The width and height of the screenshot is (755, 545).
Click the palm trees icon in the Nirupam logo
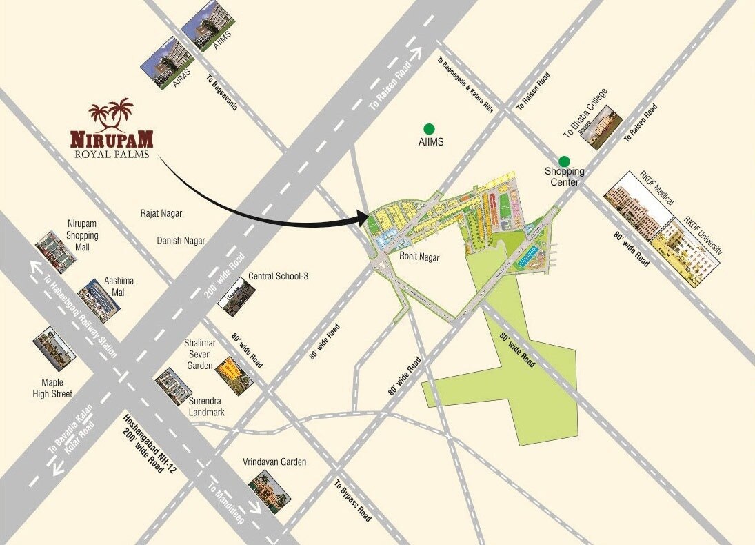112,113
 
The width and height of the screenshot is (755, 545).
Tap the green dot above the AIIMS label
429,128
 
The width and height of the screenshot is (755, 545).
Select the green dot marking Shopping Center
564,161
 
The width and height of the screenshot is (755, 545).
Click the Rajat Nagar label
161,214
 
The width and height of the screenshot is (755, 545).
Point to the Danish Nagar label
181,240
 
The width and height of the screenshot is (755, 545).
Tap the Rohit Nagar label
419,256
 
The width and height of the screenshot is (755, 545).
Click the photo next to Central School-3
232,296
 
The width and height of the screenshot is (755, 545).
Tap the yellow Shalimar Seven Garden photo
234,375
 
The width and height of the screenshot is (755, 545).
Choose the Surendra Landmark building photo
174,387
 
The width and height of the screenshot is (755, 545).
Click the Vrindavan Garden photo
270,490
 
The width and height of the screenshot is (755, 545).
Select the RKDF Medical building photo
637,206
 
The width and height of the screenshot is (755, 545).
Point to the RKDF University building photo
685,251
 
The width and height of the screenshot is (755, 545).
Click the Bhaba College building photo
601,127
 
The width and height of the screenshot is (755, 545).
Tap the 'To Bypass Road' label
353,501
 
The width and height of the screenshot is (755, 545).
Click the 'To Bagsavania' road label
221,92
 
